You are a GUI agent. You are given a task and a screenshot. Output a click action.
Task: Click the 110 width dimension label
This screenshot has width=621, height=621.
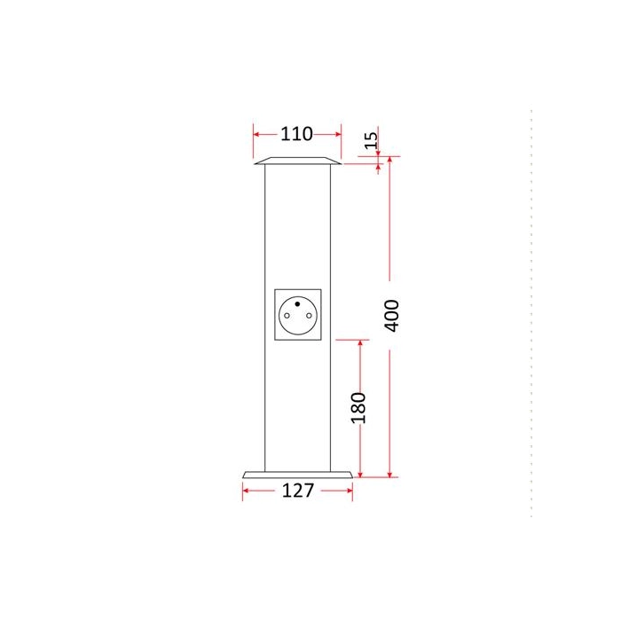296,134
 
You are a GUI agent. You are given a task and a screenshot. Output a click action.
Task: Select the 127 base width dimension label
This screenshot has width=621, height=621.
297,491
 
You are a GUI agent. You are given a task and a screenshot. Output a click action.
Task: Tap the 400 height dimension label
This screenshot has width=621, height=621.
392,315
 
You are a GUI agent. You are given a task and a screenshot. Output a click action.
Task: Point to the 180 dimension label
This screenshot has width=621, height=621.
358,408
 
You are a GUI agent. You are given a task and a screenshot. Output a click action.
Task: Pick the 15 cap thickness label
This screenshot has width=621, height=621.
371,140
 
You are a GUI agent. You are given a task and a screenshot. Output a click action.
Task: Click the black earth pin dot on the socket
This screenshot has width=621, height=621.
297,303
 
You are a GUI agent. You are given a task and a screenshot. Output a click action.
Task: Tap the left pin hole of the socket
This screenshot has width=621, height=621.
287,316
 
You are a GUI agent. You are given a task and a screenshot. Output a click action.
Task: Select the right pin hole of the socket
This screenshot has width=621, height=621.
309,316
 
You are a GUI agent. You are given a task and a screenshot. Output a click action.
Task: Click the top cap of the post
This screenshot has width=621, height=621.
297,161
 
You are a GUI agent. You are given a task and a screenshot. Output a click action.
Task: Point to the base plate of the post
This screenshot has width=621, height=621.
297,475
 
